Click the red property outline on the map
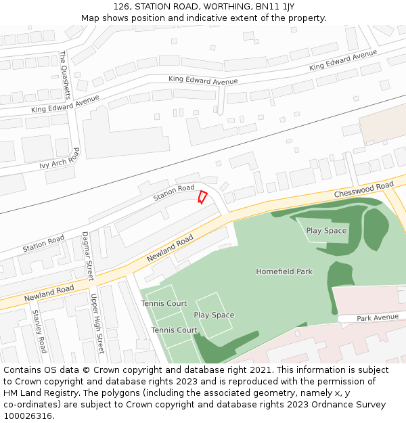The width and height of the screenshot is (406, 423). point(202,197)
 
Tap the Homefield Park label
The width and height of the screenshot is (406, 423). point(284,271)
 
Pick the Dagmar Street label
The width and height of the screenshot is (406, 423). point(87,257)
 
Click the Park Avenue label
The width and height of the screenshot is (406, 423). point(378,317)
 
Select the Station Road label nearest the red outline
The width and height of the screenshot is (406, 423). point(173,192)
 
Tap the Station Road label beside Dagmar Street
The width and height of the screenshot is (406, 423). point(43,244)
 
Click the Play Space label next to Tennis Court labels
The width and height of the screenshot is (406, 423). point(214,315)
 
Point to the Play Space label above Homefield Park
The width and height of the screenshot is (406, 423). point(326,231)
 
